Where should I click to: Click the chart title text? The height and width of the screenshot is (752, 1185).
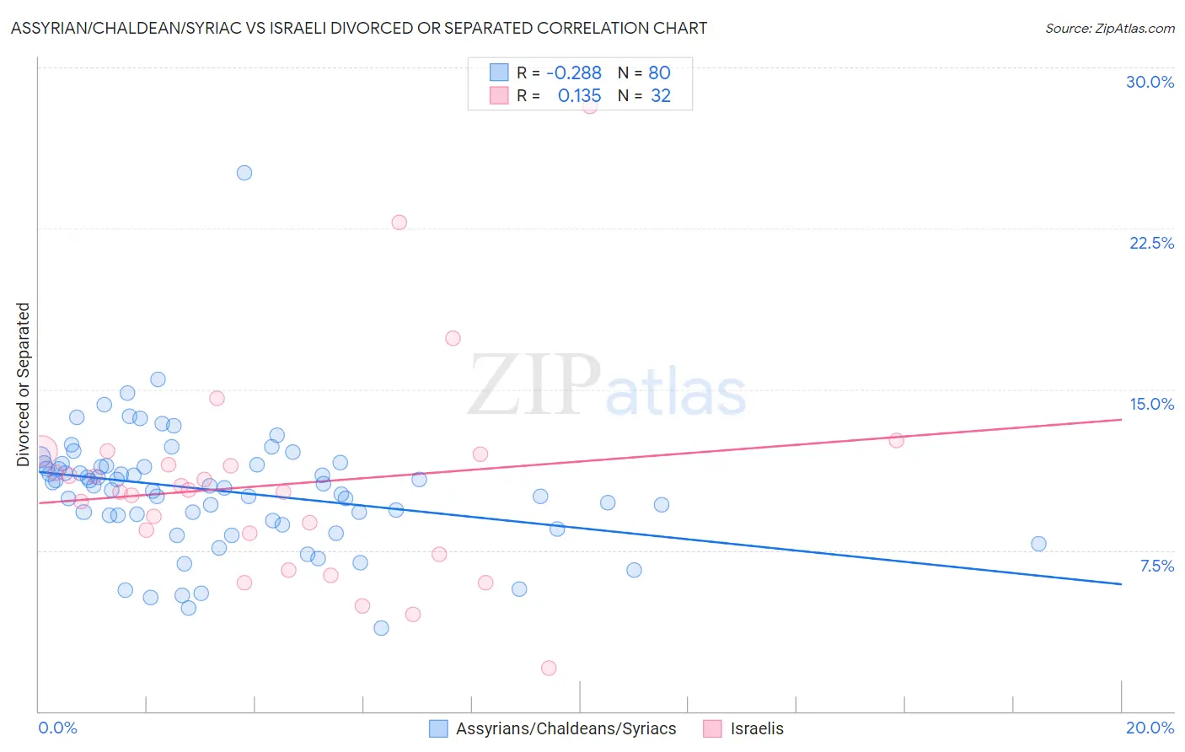click(359, 28)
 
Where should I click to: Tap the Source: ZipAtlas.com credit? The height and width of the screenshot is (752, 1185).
click(1109, 28)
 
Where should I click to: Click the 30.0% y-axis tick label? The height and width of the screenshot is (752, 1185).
click(1150, 82)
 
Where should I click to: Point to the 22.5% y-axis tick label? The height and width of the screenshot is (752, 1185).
click(1151, 243)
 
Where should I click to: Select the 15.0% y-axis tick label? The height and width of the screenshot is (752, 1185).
click(1151, 404)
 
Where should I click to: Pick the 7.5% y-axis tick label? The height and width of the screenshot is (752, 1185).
click(1156, 566)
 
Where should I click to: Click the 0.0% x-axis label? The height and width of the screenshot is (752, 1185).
click(58, 728)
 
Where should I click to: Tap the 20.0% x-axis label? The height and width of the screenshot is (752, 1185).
click(1150, 728)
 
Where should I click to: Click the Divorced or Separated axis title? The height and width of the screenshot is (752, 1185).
click(24, 384)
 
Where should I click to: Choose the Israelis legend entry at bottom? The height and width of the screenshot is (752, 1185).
click(756, 728)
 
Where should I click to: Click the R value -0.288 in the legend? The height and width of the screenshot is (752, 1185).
click(574, 73)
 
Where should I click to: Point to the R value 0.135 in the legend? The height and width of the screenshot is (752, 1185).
click(579, 96)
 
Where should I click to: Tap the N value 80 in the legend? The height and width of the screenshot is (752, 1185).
click(659, 73)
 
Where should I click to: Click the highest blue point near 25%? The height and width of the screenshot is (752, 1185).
click(244, 173)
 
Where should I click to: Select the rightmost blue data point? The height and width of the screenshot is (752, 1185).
click(1038, 544)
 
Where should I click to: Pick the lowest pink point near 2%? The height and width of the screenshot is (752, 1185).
click(549, 668)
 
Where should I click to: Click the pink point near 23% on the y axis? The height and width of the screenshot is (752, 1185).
click(399, 223)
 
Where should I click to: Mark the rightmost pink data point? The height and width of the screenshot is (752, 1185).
click(896, 440)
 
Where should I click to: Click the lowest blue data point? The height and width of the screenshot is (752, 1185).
click(381, 627)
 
